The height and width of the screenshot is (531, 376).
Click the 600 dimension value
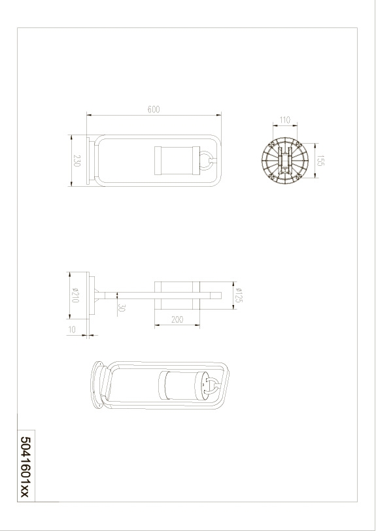(154, 109)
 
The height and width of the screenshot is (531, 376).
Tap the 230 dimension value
(77, 161)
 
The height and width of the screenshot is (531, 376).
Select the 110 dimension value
(285, 120)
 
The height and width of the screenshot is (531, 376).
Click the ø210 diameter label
(75, 295)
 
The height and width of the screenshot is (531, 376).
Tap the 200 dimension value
(177, 319)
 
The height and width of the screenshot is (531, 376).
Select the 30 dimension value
(122, 308)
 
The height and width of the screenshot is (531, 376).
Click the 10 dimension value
(72, 329)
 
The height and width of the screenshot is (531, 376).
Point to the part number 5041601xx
(26, 467)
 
